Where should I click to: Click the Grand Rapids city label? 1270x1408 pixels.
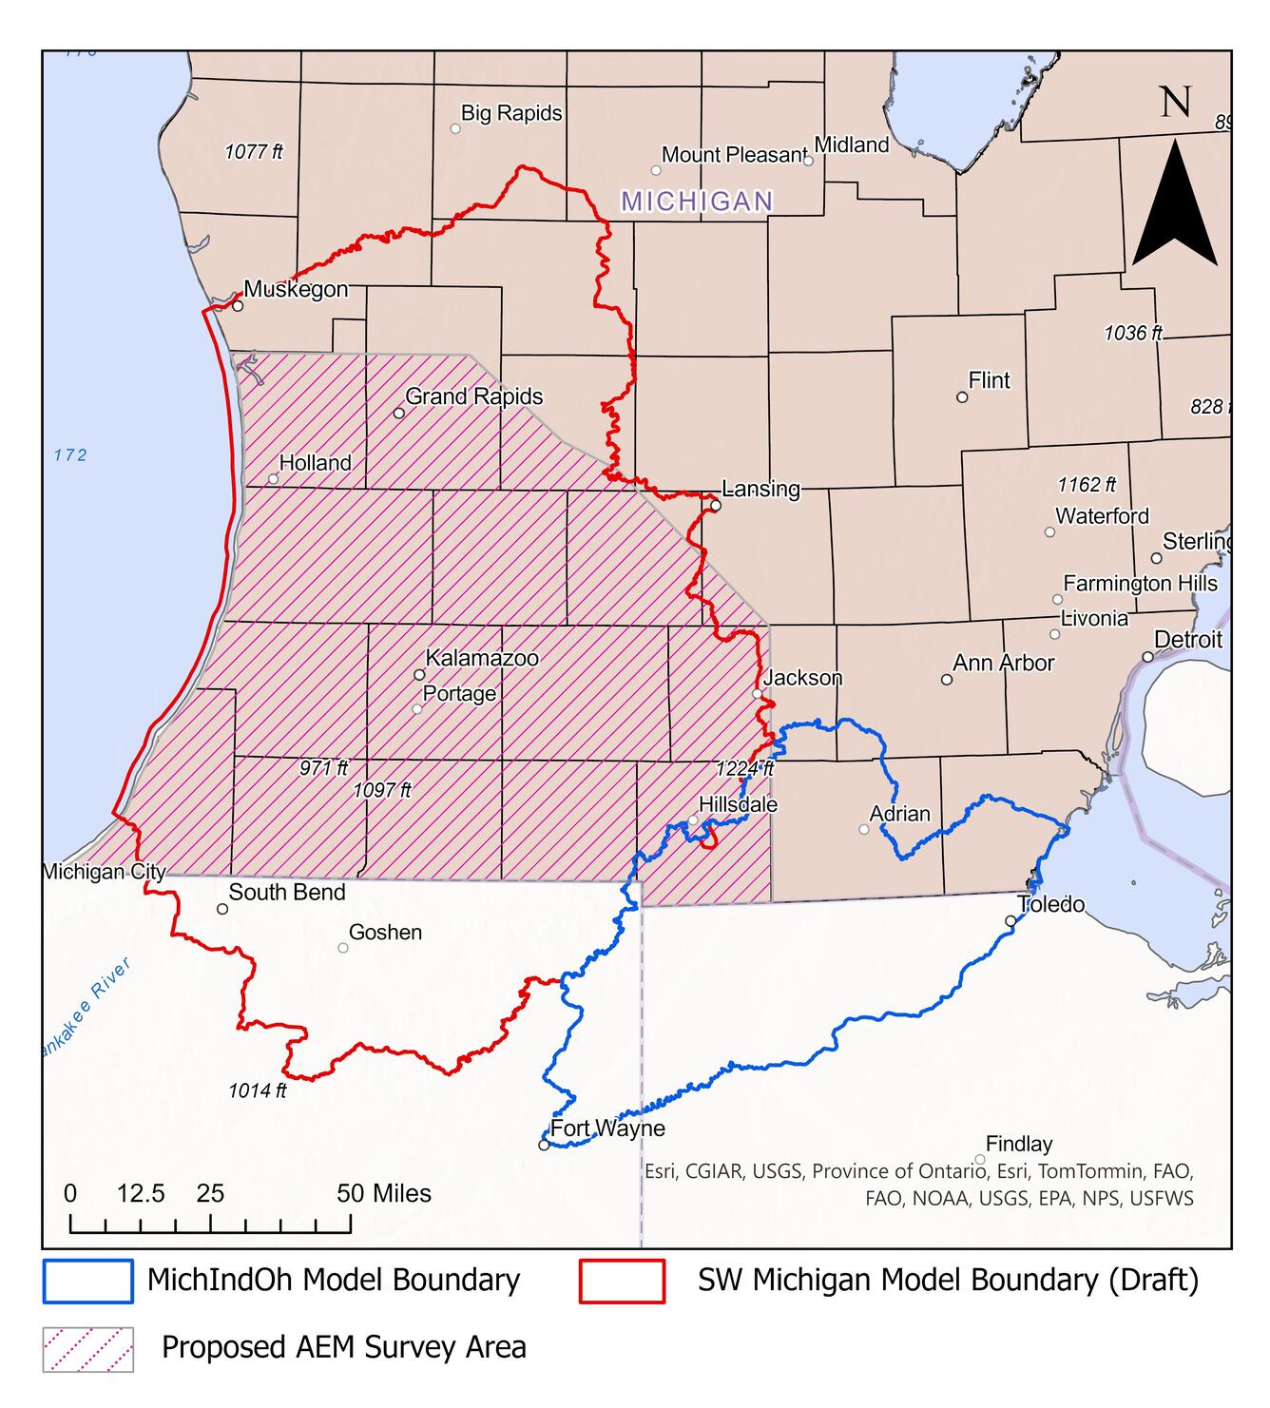click(473, 396)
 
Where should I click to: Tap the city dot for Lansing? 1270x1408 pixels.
click(716, 506)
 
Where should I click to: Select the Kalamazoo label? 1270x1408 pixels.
click(481, 658)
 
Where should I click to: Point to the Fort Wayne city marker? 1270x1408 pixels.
click(544, 1145)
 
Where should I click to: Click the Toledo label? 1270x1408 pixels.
click(1050, 904)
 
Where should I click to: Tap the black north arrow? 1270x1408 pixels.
click(1175, 204)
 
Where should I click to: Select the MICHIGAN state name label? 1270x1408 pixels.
click(697, 202)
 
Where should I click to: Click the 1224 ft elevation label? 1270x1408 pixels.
click(745, 769)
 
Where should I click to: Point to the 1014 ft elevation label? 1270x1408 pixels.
click(257, 1090)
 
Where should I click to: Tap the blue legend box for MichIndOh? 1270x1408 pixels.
click(87, 1281)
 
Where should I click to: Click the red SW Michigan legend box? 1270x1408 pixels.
click(622, 1281)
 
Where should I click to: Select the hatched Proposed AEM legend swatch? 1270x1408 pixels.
click(87, 1349)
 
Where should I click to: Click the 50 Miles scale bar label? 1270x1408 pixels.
click(384, 1193)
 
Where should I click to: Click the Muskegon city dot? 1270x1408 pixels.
click(238, 306)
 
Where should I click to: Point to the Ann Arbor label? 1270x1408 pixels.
click(1003, 663)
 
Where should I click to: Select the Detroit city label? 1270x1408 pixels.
click(1187, 640)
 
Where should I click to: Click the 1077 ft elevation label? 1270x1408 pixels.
click(254, 151)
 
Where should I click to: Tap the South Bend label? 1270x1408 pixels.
click(286, 892)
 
